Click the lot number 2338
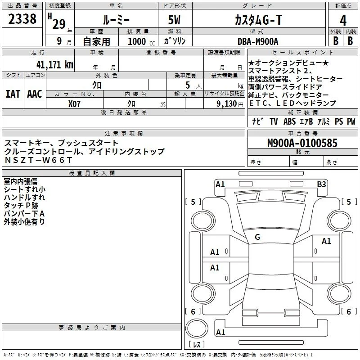pyautogui.click(x=22, y=19)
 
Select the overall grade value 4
pyautogui.click(x=343, y=21)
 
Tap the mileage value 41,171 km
pyautogui.click(x=54, y=64)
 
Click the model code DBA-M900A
pyautogui.click(x=258, y=41)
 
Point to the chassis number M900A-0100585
pyautogui.click(x=302, y=143)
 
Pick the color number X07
pyautogui.click(x=74, y=104)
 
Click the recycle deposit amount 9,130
pyautogui.click(x=227, y=104)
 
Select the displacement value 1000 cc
pyautogui.click(x=141, y=41)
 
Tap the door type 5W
pyautogui.click(x=174, y=20)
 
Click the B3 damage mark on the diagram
pyautogui.click(x=321, y=184)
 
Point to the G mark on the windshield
pyautogui.click(x=257, y=237)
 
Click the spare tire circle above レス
pyautogui.click(x=197, y=328)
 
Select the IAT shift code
pyautogui.click(x=13, y=94)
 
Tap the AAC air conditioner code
pyautogui.click(x=35, y=94)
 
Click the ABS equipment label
pyautogui.click(x=289, y=121)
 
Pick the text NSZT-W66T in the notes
pyautogui.click(x=38, y=160)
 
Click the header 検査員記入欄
pyautogui.click(x=92, y=173)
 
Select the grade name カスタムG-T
pyautogui.click(x=258, y=20)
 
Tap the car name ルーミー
pyautogui.click(x=116, y=20)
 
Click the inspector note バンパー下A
pyautogui.click(x=24, y=214)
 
